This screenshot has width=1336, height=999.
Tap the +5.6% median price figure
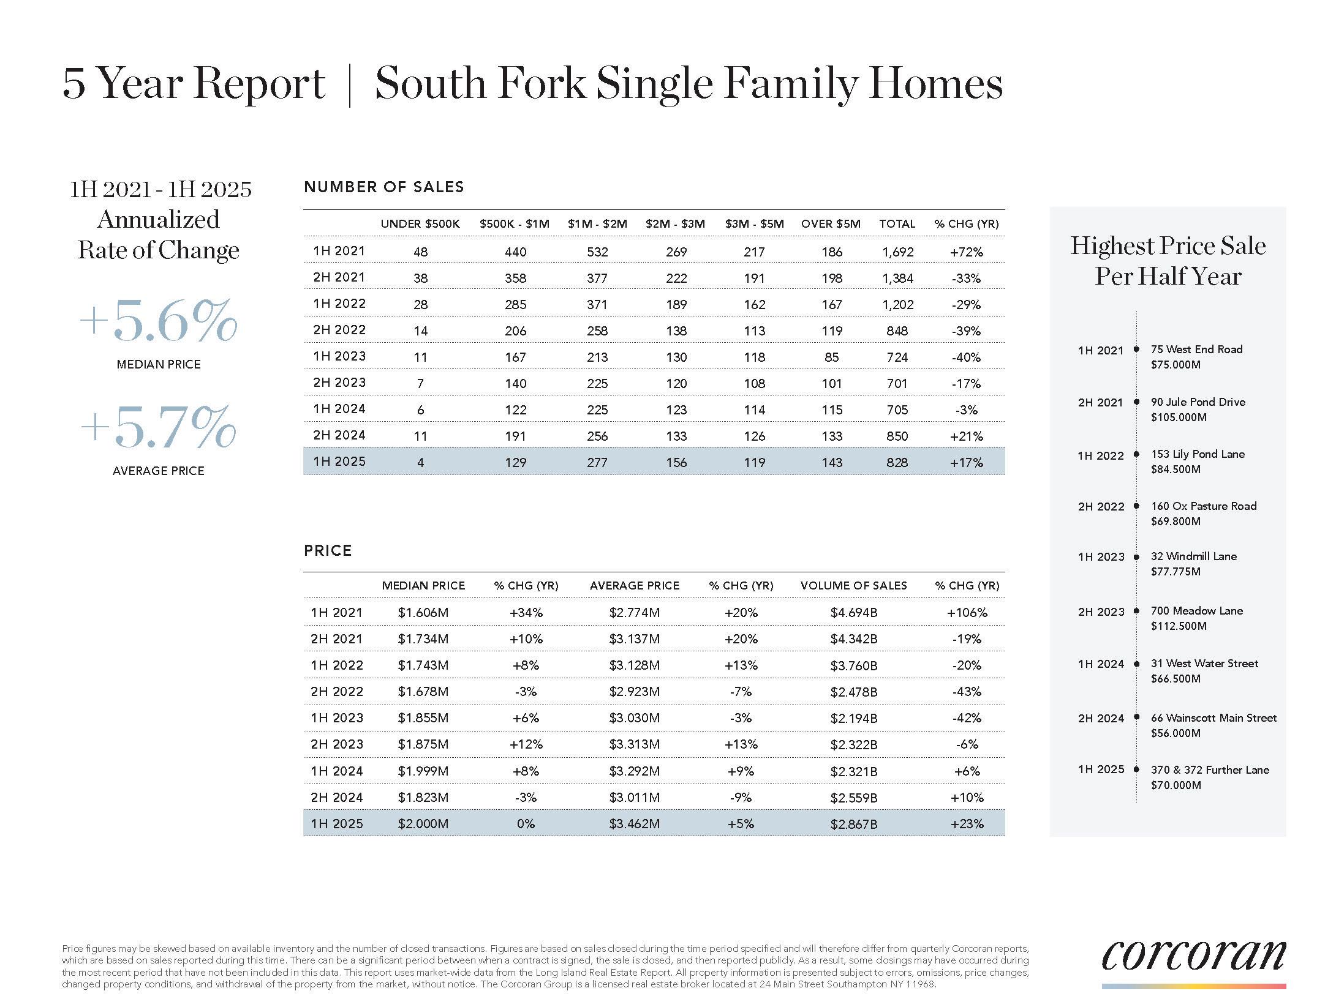[158, 321]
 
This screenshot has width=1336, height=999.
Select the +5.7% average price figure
[158, 427]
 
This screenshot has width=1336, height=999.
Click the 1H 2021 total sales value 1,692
[897, 252]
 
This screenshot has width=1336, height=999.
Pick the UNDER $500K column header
[420, 224]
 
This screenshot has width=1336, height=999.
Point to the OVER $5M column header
[831, 224]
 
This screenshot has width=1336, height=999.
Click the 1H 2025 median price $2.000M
[423, 824]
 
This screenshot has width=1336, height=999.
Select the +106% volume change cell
[967, 613]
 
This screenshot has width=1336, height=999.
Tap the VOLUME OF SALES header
[853, 586]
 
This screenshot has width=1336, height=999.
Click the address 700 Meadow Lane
[1196, 611]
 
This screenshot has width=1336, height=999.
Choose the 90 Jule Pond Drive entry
[1198, 402]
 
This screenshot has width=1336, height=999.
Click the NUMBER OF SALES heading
[384, 187]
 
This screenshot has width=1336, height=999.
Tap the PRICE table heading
[328, 551]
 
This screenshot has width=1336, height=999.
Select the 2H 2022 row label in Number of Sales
[339, 330]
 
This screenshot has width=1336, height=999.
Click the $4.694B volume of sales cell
[853, 613]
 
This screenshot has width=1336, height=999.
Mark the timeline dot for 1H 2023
[1136, 557]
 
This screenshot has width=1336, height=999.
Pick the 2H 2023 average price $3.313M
[634, 744]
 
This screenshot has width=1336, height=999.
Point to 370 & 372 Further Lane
[1210, 770]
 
